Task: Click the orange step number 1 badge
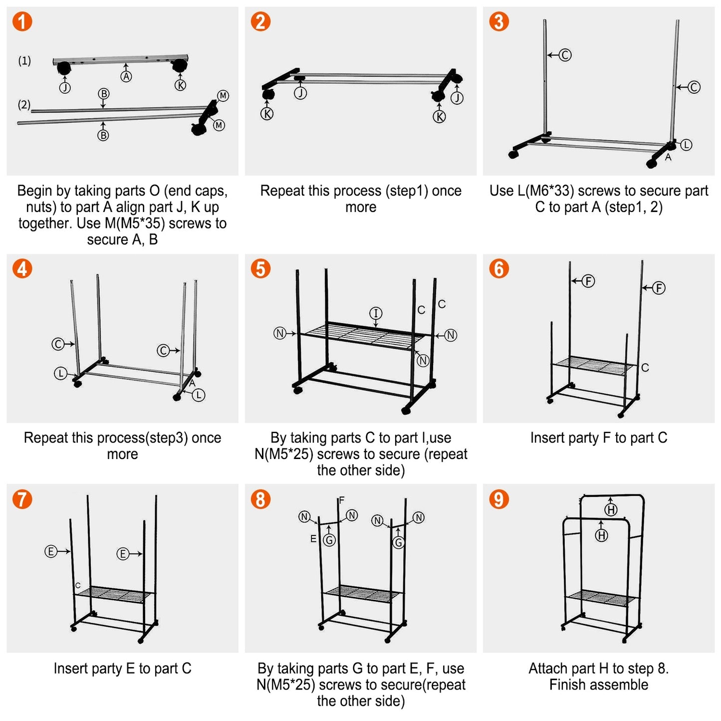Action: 22,21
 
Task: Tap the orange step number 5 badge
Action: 260,268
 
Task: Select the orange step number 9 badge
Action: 498,499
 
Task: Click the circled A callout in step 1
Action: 126,76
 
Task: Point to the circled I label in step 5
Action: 376,313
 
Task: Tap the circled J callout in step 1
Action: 65,88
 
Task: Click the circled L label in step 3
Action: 687,145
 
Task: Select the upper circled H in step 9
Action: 611,509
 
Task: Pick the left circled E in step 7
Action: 50,551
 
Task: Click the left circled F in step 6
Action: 588,281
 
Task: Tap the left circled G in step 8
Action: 329,540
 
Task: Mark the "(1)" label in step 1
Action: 24,61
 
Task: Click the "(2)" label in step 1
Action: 24,105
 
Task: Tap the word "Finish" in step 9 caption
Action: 567,685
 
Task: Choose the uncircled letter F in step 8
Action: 342,500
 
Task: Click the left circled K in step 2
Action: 267,114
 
